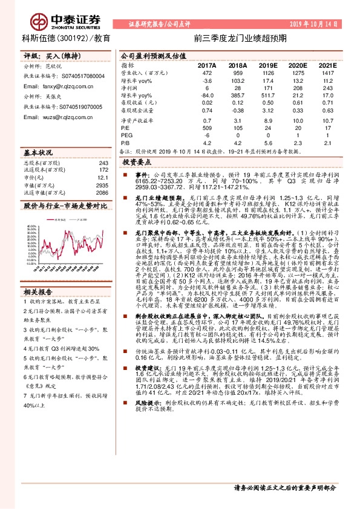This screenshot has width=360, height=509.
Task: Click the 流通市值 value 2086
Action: [x=102, y=192]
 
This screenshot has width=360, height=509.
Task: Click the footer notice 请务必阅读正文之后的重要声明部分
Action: [x=284, y=487]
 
